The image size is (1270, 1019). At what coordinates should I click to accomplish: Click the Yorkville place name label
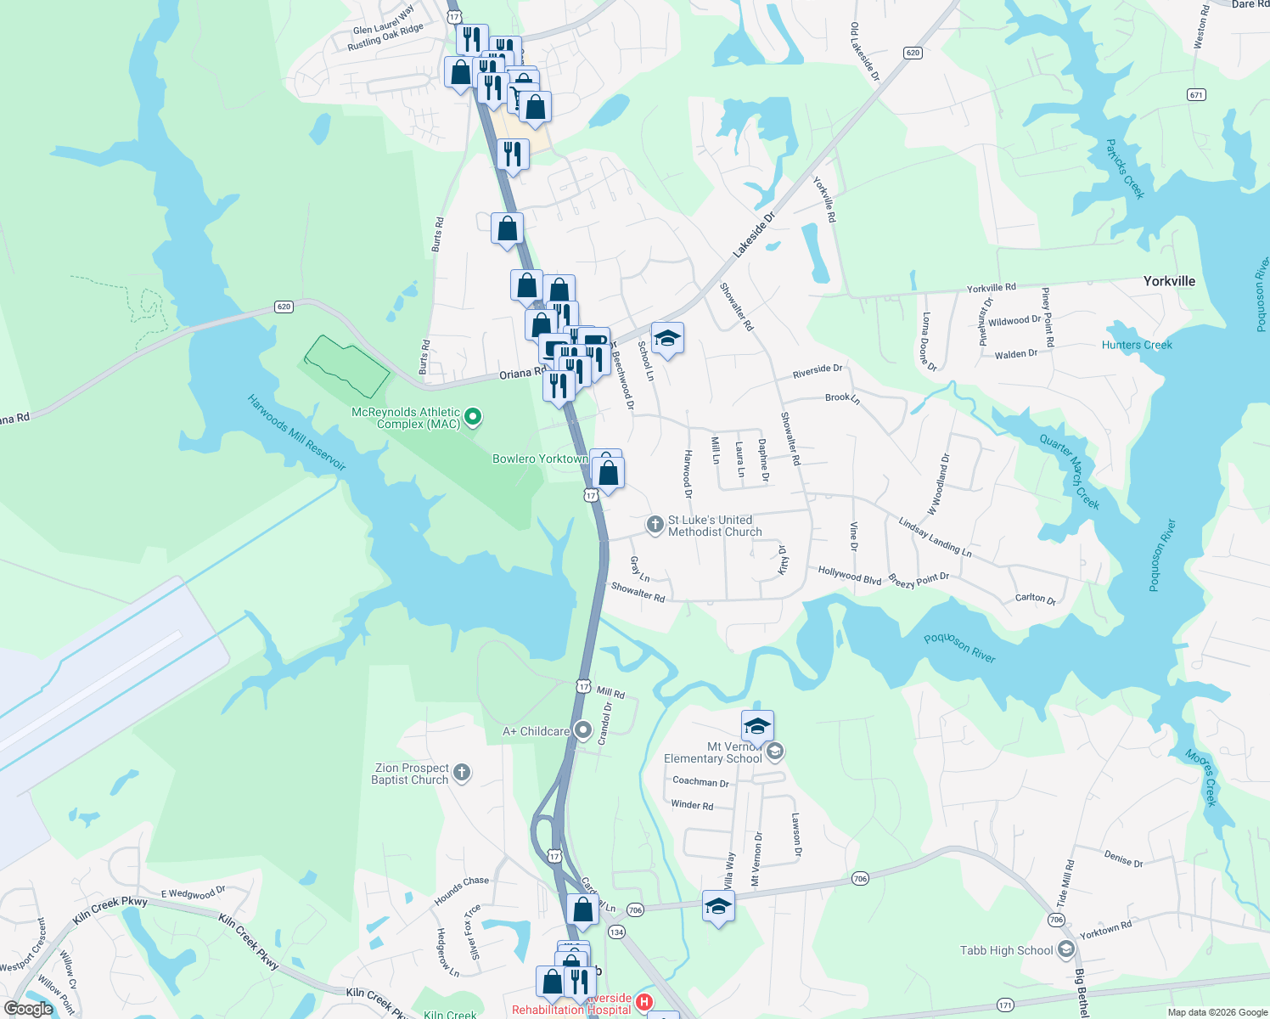[x=1169, y=281]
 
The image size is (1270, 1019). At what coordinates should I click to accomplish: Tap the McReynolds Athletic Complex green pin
[x=474, y=417]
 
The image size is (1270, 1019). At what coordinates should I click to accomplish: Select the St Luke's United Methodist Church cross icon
[x=655, y=525]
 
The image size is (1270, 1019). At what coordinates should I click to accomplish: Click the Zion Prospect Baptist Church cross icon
[x=462, y=772]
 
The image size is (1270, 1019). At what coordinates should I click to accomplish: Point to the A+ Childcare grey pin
[x=583, y=730]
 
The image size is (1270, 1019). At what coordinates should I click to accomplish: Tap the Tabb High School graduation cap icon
[x=1065, y=949]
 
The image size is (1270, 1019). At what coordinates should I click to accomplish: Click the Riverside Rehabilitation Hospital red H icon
[x=643, y=1003]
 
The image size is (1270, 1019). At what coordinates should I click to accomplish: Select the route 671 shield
[x=1196, y=94]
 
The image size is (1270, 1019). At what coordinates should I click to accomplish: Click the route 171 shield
[x=1005, y=1005]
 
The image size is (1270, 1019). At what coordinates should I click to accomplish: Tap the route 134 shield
[x=616, y=932]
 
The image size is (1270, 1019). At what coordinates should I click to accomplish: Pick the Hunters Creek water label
[x=1137, y=345]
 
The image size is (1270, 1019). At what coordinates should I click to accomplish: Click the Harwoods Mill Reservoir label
[x=297, y=432]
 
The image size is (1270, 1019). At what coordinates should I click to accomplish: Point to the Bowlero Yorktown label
[x=540, y=459]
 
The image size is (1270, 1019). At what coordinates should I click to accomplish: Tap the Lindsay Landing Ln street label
[x=935, y=538]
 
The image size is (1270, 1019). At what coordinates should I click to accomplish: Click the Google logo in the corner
[x=28, y=1008]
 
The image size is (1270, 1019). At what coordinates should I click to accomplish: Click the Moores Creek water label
[x=1201, y=777]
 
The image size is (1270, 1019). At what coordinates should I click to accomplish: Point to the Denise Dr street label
[x=1123, y=859]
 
